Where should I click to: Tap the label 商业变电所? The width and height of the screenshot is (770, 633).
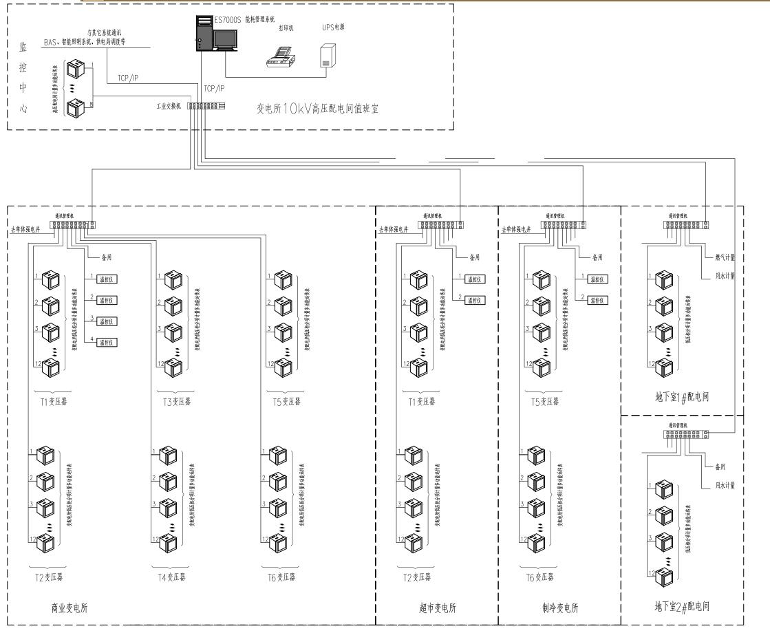(x=69, y=608)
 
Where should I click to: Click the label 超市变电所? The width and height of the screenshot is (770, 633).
(x=437, y=608)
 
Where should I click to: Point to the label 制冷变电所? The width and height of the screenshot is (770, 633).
(x=559, y=608)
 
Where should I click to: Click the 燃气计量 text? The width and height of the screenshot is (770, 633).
(x=722, y=257)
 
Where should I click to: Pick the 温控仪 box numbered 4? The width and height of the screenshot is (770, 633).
(x=106, y=343)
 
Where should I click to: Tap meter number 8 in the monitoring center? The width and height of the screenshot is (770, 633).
(x=74, y=107)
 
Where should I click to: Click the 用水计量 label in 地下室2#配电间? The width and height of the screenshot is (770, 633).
(x=722, y=485)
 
